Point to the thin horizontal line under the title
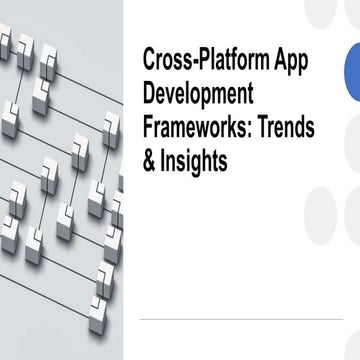[x=240, y=318]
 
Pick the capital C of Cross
[x=150, y=58]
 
